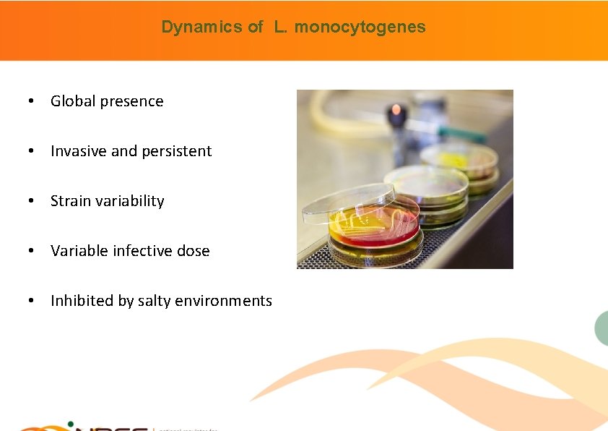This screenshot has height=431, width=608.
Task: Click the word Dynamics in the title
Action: click(x=191, y=27)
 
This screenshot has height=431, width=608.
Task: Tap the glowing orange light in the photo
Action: click(x=395, y=111)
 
